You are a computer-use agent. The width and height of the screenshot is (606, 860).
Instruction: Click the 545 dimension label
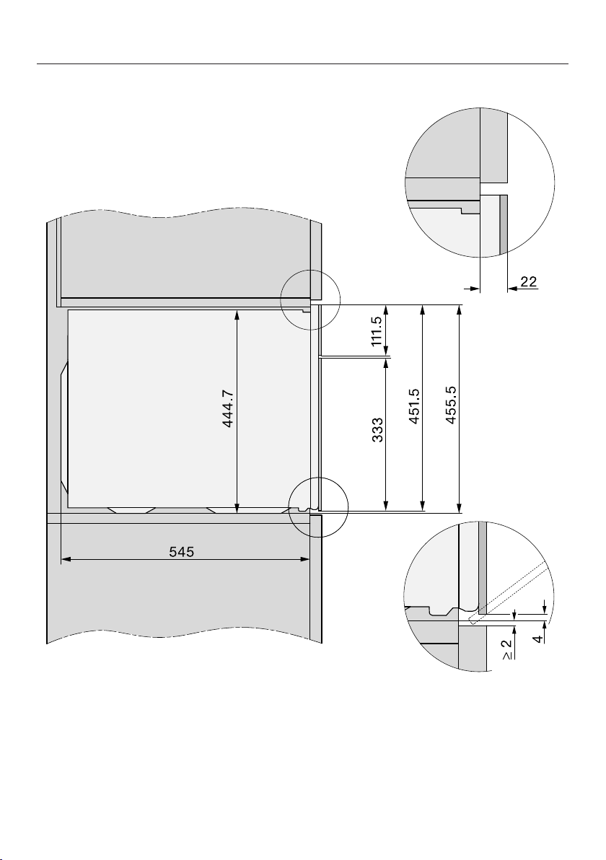[x=181, y=551]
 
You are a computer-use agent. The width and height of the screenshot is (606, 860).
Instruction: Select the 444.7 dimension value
[x=229, y=408]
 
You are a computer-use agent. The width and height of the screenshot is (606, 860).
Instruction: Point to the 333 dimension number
[x=377, y=431]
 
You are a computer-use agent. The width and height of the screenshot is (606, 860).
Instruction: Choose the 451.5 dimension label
[x=414, y=406]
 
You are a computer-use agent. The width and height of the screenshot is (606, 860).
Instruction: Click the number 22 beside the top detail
[x=529, y=281]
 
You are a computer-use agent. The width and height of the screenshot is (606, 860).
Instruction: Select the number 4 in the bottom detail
[x=540, y=639]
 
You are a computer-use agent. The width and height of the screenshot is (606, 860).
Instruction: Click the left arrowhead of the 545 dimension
[x=65, y=559]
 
